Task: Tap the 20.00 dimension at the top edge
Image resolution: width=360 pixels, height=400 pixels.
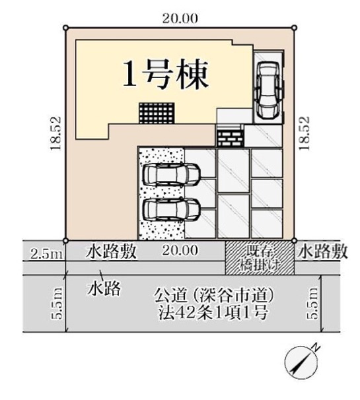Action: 180,18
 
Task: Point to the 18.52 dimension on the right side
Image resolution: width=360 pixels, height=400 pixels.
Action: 305,134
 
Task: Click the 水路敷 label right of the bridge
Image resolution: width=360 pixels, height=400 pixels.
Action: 322,251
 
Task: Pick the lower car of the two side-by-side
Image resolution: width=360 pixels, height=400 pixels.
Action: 171,210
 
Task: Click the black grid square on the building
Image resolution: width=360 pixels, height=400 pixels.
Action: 156,112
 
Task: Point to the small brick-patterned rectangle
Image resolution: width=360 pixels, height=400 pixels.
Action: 231,137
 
